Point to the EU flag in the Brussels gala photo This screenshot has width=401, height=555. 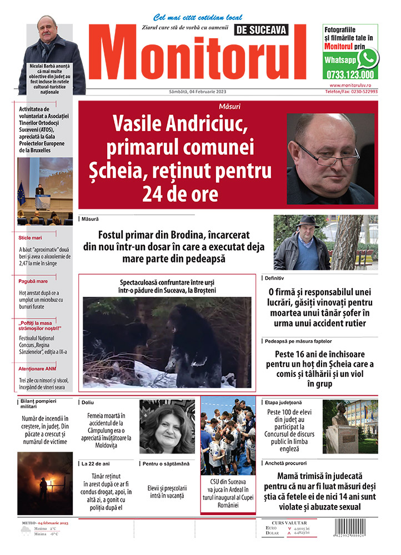(22, 194)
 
